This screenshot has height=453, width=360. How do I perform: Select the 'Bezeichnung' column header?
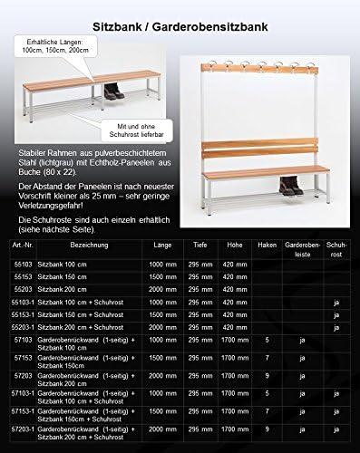tap(81, 245)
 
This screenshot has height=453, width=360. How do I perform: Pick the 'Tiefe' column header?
tap(199, 245)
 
